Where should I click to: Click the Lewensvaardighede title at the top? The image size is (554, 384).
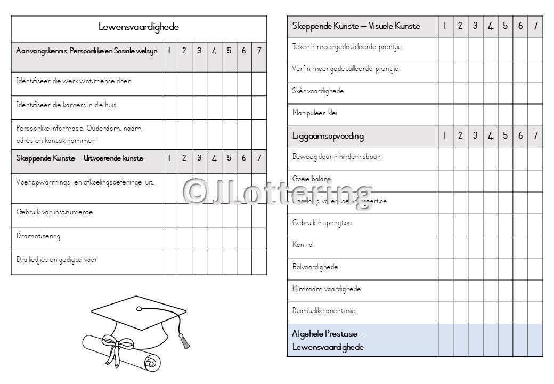(x=138, y=27)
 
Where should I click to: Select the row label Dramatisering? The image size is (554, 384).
(x=38, y=236)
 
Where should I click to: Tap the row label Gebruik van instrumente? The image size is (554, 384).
(x=54, y=212)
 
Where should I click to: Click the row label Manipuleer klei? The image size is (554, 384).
(x=314, y=113)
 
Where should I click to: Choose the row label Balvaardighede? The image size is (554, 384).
(x=315, y=267)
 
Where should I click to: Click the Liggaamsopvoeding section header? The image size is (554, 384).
(x=328, y=136)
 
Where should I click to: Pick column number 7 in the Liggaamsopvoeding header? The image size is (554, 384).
(x=535, y=135)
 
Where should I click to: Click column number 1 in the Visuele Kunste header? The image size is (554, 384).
(x=445, y=26)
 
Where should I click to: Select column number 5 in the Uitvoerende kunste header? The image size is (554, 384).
(x=229, y=158)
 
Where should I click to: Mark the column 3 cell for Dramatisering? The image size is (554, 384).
(x=199, y=239)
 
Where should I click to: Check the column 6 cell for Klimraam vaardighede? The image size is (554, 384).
(x=520, y=289)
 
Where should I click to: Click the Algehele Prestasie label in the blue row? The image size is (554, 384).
(x=328, y=340)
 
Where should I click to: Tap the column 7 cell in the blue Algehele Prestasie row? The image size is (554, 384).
(x=535, y=340)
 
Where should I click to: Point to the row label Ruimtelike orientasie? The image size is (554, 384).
(x=323, y=311)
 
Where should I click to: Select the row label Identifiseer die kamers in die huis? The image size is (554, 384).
(x=66, y=105)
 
